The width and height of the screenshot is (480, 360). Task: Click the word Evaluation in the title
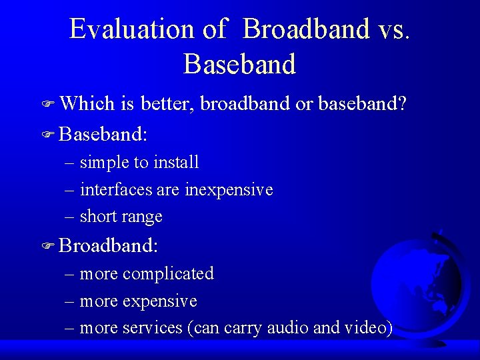(131, 29)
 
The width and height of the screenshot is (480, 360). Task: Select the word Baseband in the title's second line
(239, 64)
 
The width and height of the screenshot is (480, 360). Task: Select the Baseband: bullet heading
(103, 134)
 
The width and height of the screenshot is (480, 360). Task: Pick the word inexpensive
(229, 190)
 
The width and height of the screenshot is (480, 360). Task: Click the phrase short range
(121, 217)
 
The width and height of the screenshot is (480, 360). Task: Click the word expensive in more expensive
(160, 301)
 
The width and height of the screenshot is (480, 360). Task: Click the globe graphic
(420, 283)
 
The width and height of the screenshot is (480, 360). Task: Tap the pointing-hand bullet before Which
(47, 105)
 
